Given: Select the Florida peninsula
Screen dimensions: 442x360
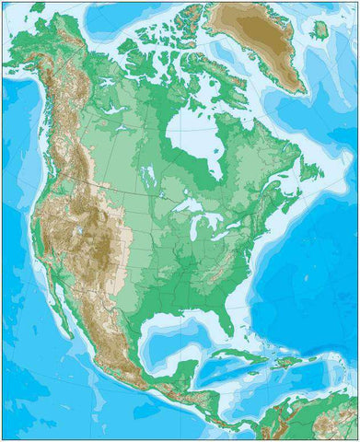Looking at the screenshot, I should point(226,319).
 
